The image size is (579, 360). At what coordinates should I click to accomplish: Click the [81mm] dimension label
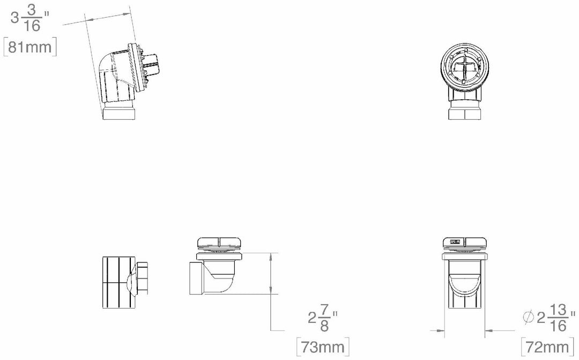31,47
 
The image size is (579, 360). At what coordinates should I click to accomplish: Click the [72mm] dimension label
548,346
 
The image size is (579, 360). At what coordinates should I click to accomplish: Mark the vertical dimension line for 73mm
272,290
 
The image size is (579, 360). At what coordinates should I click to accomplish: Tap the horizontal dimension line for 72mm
465,329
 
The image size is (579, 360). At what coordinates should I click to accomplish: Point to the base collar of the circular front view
465,112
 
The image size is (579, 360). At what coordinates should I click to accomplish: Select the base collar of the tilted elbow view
118,113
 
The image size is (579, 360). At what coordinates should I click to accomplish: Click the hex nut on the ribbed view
143,278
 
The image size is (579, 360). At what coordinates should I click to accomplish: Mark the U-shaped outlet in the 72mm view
465,290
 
